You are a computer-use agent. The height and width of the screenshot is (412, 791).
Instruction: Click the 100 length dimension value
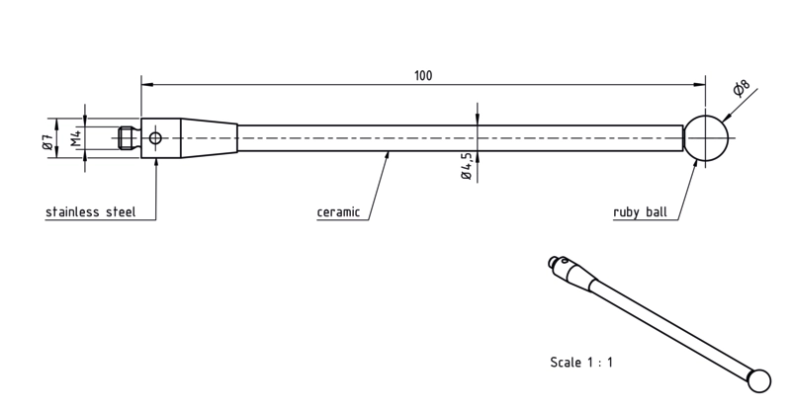pyautogui.click(x=423, y=76)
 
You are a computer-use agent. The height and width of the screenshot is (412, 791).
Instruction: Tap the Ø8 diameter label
pyautogui.click(x=741, y=88)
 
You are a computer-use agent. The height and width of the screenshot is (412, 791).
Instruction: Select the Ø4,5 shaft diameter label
pyautogui.click(x=466, y=166)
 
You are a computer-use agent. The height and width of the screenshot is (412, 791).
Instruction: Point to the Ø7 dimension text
pyautogui.click(x=46, y=141)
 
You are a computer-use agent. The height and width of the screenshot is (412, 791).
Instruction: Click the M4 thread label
pyautogui.click(x=76, y=137)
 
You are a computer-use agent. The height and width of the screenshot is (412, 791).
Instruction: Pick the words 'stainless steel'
pyautogui.click(x=91, y=211)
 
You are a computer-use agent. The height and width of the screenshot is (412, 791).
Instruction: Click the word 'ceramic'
pyautogui.click(x=338, y=212)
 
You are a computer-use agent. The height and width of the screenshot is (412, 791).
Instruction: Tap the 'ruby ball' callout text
pyautogui.click(x=640, y=212)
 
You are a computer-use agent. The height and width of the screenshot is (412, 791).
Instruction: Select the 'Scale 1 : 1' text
pyautogui.click(x=581, y=362)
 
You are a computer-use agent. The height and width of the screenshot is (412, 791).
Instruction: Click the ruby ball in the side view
pyautogui.click(x=706, y=137)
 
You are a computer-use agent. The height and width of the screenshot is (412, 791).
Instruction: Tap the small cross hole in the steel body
pyautogui.click(x=155, y=137)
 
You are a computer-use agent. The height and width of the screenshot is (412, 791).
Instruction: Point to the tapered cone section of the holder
pyautogui.click(x=210, y=137)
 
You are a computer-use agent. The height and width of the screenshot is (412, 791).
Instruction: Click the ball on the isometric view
pyautogui.click(x=758, y=380)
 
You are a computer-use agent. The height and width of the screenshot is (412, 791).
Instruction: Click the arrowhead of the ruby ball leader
pyautogui.click(x=696, y=165)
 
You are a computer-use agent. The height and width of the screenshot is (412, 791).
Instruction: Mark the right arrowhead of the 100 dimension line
pyautogui.click(x=700, y=84)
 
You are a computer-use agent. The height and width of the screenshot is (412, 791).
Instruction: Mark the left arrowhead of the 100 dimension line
pyautogui.click(x=147, y=84)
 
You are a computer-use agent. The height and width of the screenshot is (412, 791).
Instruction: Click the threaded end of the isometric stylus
pyautogui.click(x=554, y=262)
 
